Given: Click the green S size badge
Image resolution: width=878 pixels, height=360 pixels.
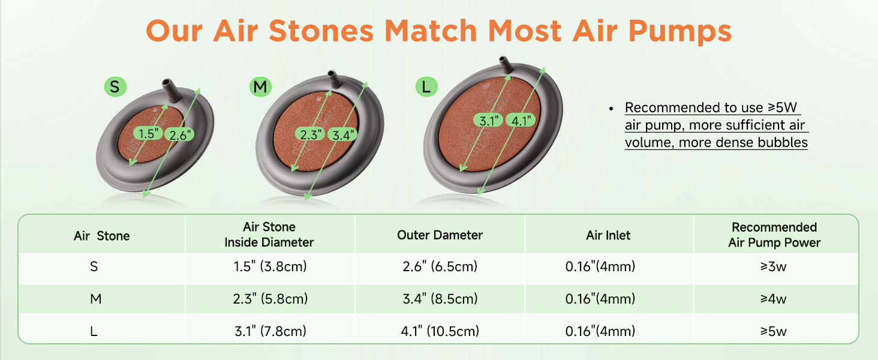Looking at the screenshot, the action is pyautogui.click(x=115, y=86).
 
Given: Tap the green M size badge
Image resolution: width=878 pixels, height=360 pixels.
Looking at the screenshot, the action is pyautogui.click(x=260, y=86).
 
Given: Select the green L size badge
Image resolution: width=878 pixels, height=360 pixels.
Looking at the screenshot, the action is pyautogui.click(x=426, y=86).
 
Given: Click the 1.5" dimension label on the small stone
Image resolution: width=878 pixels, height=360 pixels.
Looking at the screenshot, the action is pyautogui.click(x=148, y=133).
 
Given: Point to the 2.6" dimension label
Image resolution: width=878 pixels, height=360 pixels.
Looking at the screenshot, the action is pyautogui.click(x=179, y=135).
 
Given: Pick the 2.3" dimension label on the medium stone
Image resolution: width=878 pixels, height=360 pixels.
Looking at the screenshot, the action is pyautogui.click(x=310, y=134).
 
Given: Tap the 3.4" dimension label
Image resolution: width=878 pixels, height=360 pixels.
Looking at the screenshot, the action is pyautogui.click(x=342, y=135).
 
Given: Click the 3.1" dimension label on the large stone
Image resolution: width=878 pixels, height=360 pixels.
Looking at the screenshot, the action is pyautogui.click(x=488, y=121).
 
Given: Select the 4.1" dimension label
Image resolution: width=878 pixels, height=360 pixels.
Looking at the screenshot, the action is pyautogui.click(x=521, y=121).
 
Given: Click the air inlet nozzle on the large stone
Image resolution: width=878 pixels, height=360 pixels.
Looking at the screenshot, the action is pyautogui.click(x=506, y=64).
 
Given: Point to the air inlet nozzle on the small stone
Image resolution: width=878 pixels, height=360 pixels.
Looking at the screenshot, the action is pyautogui.click(x=171, y=90).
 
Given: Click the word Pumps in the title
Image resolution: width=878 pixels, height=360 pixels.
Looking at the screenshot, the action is pyautogui.click(x=680, y=31).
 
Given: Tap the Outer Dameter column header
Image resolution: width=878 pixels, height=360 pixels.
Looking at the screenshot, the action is pyautogui.click(x=440, y=235).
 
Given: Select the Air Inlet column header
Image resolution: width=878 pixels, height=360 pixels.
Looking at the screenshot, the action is pyautogui.click(x=608, y=235).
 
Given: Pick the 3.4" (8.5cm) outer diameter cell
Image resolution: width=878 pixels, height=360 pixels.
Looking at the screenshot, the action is pyautogui.click(x=440, y=299).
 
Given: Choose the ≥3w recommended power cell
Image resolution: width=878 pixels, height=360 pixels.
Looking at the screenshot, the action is pyautogui.click(x=773, y=266).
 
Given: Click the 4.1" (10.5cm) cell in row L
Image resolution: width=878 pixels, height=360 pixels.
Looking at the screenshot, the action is pyautogui.click(x=440, y=331).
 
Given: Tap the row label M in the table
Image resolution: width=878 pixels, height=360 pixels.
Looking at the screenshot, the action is pyautogui.click(x=95, y=299).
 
